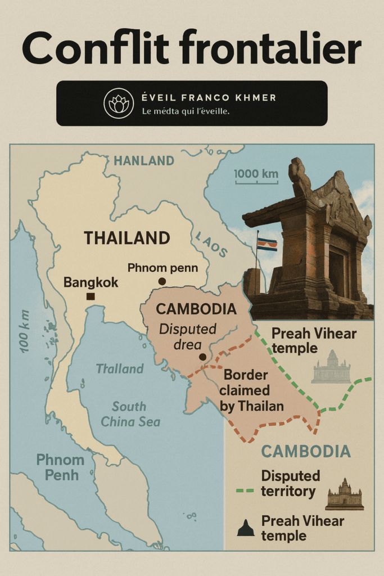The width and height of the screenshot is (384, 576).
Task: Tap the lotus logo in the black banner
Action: click(119, 103)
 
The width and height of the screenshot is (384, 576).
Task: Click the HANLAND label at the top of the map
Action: click(144, 161)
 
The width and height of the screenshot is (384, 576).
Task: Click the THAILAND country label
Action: click(127, 238)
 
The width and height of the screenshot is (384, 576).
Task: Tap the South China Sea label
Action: click(130, 414)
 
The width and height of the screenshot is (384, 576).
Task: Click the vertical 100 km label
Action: click(25, 331)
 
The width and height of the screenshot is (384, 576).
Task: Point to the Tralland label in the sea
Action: click(119, 369)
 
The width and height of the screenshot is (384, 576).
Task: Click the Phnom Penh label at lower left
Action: click(60, 467)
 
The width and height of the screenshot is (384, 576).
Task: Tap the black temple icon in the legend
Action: click(246, 528)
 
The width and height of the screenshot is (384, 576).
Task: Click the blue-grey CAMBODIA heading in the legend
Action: click(306, 451)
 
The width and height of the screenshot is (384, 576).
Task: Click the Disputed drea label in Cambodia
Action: click(188, 336)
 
